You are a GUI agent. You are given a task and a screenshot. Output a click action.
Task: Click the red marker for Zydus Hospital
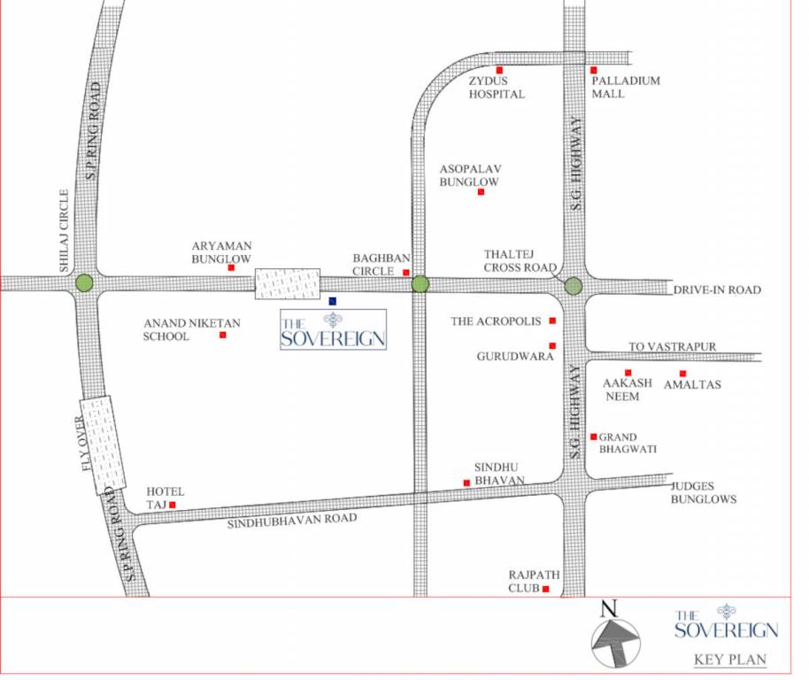pos(499,70)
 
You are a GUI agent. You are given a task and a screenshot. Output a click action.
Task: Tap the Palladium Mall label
pos(626,87)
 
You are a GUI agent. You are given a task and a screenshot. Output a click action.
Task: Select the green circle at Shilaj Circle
pos(84,283)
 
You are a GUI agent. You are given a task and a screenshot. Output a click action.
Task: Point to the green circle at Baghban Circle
pos(420,284)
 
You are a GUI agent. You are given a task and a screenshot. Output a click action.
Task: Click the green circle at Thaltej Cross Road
pos(574,286)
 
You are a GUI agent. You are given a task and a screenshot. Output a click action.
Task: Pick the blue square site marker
pos(333,301)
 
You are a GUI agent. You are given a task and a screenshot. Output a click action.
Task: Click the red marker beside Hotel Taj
pos(173,505)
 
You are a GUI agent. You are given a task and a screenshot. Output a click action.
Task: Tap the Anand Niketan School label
pos(180,329)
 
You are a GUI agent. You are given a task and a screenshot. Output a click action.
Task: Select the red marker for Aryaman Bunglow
pos(231,267)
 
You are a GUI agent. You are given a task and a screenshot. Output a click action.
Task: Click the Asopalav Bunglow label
pos(470,175)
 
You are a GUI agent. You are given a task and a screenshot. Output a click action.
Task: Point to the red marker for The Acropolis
pos(552,321)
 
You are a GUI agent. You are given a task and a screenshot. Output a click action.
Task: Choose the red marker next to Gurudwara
pos(552,345)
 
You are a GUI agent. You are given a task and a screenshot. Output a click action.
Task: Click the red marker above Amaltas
pos(682,373)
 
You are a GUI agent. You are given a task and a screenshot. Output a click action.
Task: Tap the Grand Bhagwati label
pos(628,443)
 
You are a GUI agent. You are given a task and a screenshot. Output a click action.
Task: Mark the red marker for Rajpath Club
pos(546,589)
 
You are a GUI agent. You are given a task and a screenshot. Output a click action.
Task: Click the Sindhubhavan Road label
pos(292,522)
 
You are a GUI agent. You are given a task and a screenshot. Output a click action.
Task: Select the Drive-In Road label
pos(717,290)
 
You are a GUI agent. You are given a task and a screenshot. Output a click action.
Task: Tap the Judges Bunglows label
pos(704,492)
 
